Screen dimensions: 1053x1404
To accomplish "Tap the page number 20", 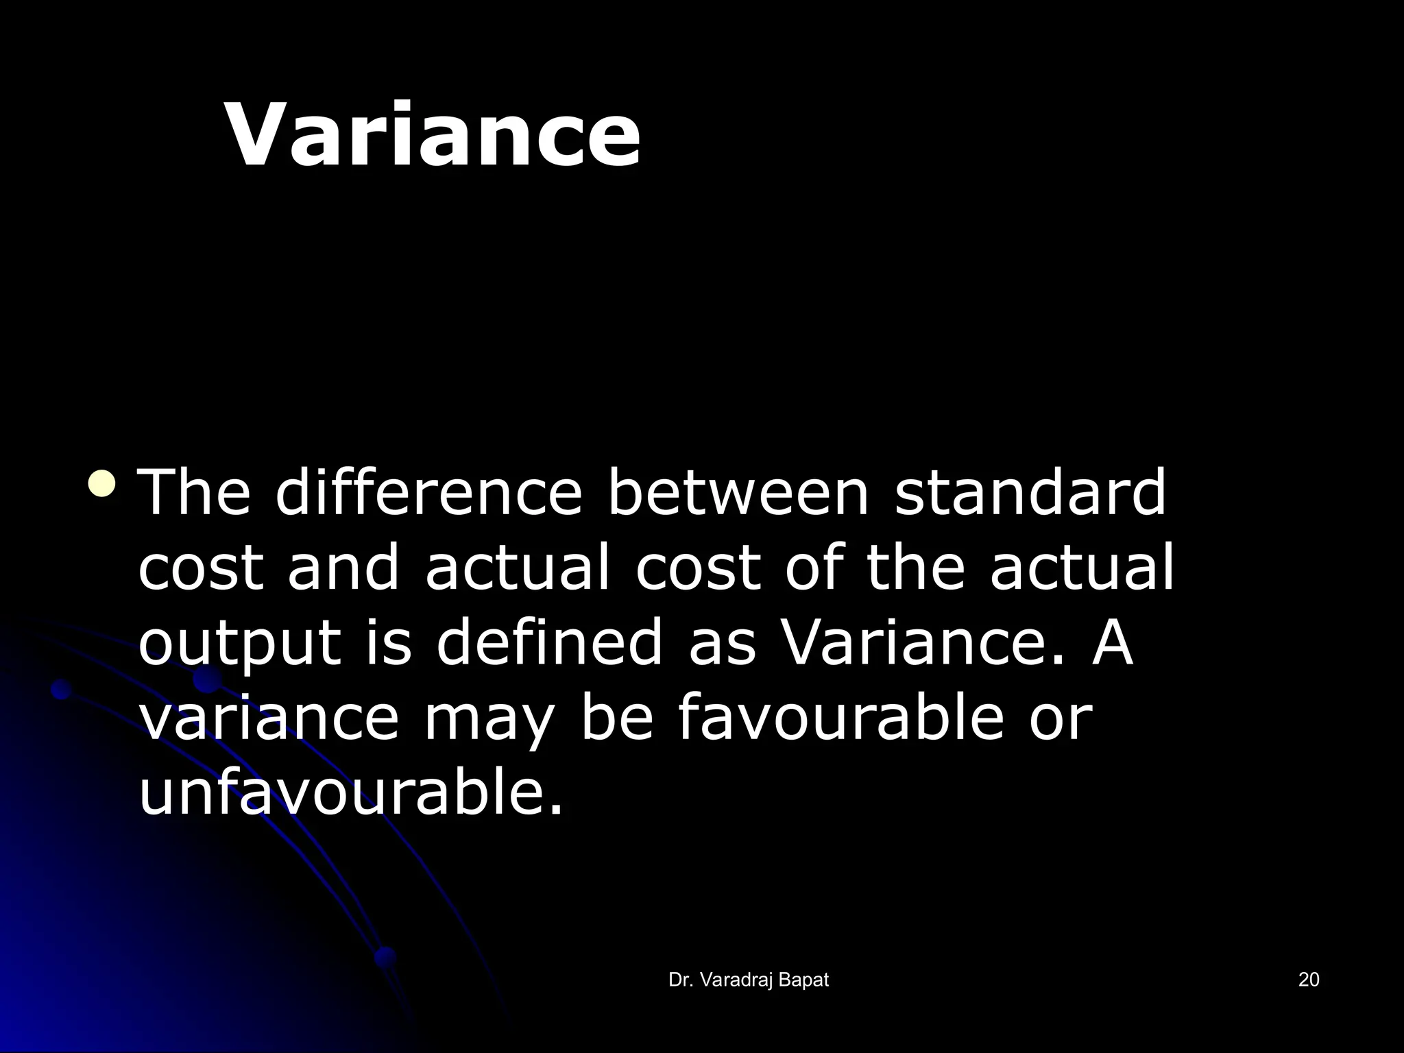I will [x=1308, y=980].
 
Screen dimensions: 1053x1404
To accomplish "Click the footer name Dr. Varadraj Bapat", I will [x=748, y=980].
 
